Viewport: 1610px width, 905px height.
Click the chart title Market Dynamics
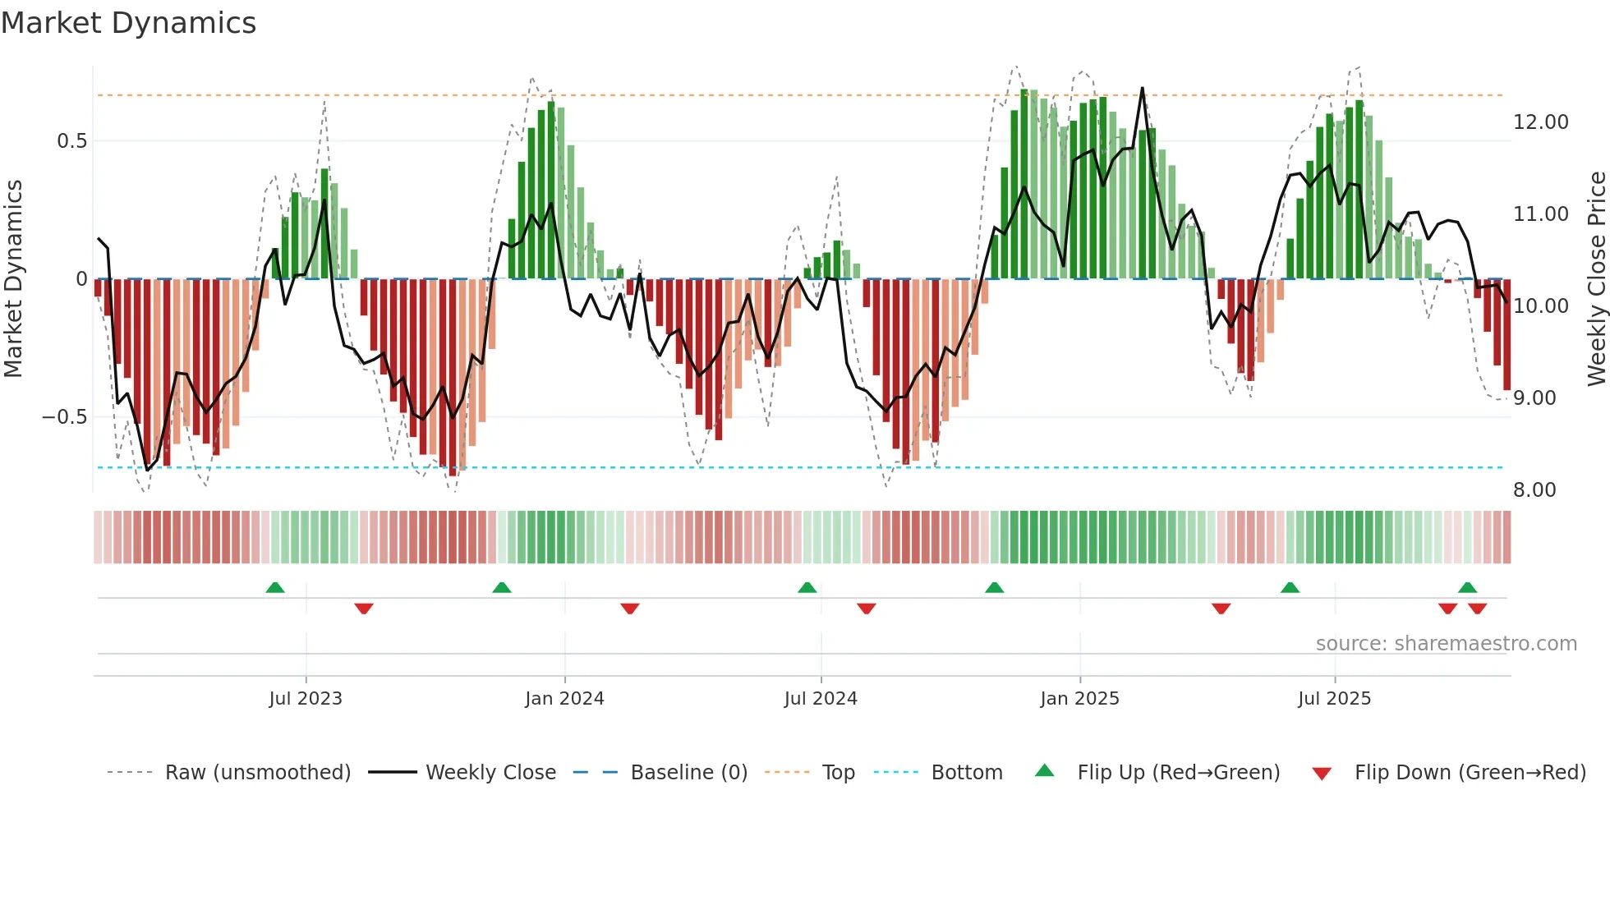click(129, 23)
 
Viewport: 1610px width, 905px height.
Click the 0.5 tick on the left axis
click(71, 141)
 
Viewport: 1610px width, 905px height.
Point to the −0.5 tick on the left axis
click(64, 417)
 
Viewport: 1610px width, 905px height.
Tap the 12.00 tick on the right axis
click(1540, 122)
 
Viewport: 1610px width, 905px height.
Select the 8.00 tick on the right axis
click(1534, 490)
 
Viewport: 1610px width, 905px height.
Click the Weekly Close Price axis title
click(1596, 279)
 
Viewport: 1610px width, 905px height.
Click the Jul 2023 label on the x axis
click(306, 699)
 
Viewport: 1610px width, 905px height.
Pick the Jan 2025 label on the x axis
click(1079, 699)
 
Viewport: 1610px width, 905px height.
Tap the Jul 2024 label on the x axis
click(821, 699)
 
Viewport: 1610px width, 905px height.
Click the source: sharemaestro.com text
click(1446, 644)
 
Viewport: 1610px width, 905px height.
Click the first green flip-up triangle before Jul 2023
click(275, 588)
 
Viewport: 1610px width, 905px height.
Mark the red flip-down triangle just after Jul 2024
click(866, 609)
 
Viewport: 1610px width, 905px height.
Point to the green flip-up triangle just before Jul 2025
click(1290, 588)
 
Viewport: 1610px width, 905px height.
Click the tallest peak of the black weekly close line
click(1142, 89)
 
